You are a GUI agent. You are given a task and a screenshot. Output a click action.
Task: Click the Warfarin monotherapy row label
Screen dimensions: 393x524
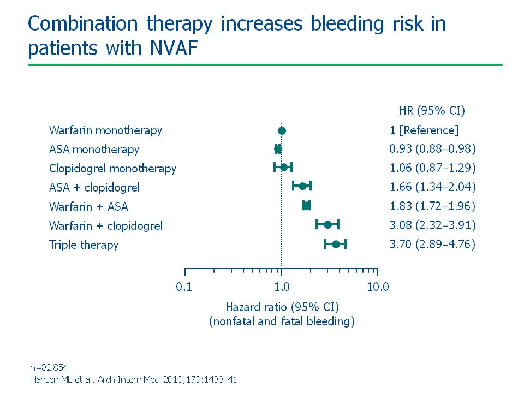(x=105, y=130)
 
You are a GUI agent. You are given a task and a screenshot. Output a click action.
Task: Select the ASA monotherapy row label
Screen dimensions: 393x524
(x=94, y=150)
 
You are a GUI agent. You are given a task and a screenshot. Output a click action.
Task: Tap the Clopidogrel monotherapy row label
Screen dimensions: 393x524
(x=112, y=169)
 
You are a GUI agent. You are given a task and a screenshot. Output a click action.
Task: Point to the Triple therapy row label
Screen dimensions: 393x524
(x=84, y=245)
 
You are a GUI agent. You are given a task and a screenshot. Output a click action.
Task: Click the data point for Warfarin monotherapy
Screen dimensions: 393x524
(x=282, y=130)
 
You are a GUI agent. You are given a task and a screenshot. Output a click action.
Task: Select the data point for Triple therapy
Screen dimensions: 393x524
(x=336, y=245)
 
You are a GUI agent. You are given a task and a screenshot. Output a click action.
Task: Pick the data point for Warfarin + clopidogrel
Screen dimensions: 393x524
(x=327, y=224)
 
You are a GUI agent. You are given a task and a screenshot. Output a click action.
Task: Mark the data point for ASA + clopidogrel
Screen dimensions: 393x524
(x=302, y=186)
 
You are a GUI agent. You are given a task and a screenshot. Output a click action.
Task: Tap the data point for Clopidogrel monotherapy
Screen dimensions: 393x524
(x=284, y=167)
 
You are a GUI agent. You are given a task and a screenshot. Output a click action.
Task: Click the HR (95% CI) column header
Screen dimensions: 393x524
(x=432, y=111)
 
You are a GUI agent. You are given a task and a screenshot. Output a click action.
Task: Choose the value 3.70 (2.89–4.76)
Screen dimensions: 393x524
(x=432, y=245)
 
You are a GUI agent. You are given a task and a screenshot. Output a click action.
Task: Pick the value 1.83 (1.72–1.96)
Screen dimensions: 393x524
(x=432, y=206)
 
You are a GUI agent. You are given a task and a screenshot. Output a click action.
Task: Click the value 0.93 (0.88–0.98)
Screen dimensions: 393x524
(x=432, y=149)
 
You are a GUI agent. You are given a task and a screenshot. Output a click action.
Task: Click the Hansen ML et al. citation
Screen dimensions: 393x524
(x=133, y=379)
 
